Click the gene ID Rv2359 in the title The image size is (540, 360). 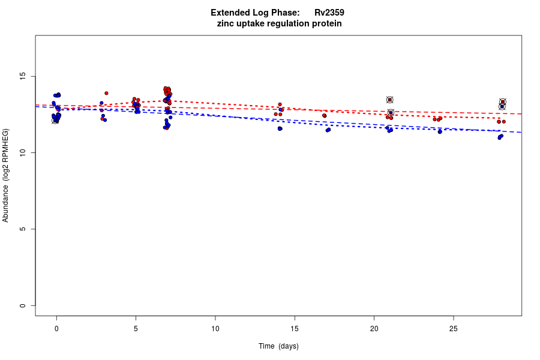[329, 13]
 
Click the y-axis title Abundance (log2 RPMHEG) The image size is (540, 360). [5, 175]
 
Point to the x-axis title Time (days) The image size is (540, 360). [278, 346]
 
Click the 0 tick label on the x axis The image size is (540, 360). [56, 328]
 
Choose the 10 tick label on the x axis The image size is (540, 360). [215, 328]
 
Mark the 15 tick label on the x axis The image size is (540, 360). [295, 328]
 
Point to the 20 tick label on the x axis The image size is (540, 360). [374, 328]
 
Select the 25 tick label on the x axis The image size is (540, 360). [453, 328]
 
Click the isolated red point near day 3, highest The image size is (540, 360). [106, 93]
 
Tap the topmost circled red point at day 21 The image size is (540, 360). [389, 100]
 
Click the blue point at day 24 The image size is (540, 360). [440, 131]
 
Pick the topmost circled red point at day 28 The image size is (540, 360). [503, 102]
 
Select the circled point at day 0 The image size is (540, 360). [55, 121]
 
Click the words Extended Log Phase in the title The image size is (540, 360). [255, 13]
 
